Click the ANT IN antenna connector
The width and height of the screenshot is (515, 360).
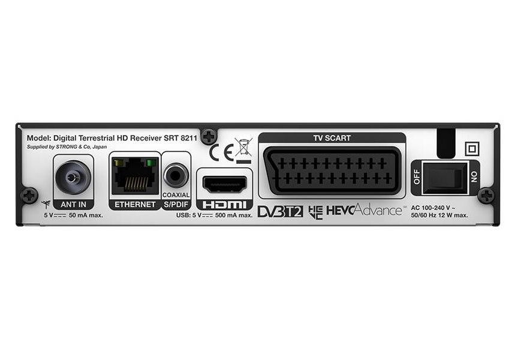pyautogui.click(x=73, y=178)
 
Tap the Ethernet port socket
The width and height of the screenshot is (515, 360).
pyautogui.click(x=135, y=176)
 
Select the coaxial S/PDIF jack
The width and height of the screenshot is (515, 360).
pyautogui.click(x=176, y=176)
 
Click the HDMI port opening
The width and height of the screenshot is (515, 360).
pyautogui.click(x=225, y=184)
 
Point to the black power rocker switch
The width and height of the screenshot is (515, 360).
pyautogui.click(x=445, y=178)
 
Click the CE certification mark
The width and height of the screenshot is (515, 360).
pyautogui.click(x=222, y=152)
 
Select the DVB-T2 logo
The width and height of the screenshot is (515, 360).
pyautogui.click(x=280, y=211)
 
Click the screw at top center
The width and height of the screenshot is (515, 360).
pyautogui.click(x=209, y=136)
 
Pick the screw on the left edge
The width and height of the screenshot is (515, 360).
pyautogui.click(x=29, y=195)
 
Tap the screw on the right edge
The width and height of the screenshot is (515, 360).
pyautogui.click(x=486, y=196)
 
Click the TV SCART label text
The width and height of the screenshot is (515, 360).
pyautogui.click(x=332, y=138)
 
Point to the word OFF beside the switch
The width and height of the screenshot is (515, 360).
pyautogui.click(x=417, y=177)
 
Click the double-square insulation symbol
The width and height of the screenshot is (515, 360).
pyautogui.click(x=472, y=149)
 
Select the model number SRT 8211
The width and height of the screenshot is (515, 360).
pyautogui.click(x=180, y=138)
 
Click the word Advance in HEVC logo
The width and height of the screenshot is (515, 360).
pyautogui.click(x=378, y=210)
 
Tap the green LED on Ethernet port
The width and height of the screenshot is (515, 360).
pyautogui.click(x=152, y=163)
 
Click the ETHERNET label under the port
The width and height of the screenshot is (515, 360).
pyautogui.click(x=135, y=205)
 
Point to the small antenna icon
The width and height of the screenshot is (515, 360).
pyautogui.click(x=46, y=204)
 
